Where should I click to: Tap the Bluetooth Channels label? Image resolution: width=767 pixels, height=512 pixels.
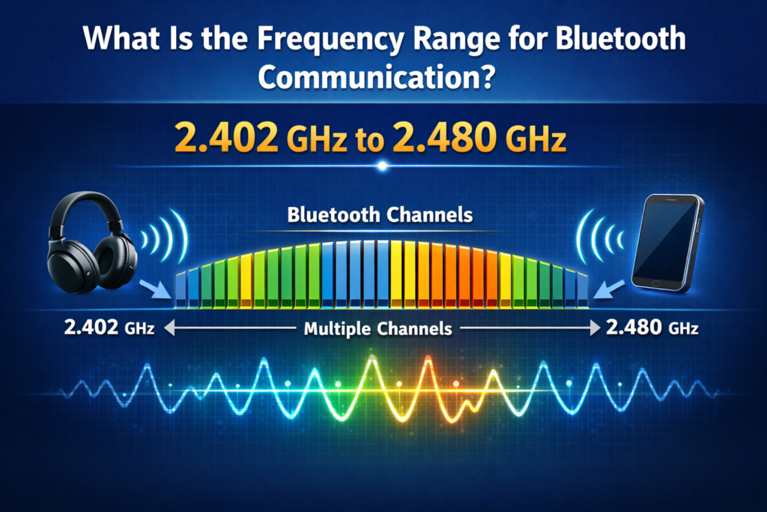(380, 215)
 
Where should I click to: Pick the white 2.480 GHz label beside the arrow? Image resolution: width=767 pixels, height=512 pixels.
(653, 328)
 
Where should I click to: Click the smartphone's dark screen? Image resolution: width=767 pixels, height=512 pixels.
(664, 238)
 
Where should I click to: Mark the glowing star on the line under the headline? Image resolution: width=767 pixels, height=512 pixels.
(383, 166)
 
